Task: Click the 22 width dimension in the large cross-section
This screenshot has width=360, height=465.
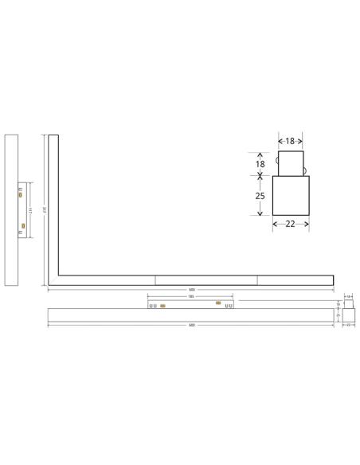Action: [291, 225]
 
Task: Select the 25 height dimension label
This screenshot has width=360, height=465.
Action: [259, 195]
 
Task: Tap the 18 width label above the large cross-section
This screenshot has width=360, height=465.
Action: [291, 141]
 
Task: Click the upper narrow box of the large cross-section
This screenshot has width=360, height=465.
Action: [291, 163]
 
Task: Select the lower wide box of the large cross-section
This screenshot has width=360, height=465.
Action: [291, 195]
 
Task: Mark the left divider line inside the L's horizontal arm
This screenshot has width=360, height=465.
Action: [155, 279]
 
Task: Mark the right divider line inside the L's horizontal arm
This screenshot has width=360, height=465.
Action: [257, 279]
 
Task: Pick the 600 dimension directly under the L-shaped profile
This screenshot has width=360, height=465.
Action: [191, 289]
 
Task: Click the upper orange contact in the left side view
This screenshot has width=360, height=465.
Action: [20, 193]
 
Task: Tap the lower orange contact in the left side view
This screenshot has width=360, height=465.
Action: [23, 227]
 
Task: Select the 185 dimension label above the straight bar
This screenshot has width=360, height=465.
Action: [191, 297]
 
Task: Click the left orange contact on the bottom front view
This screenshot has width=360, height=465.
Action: [162, 305]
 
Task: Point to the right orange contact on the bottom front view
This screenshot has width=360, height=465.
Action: [217, 303]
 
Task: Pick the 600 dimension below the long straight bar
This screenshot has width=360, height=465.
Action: [191, 325]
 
